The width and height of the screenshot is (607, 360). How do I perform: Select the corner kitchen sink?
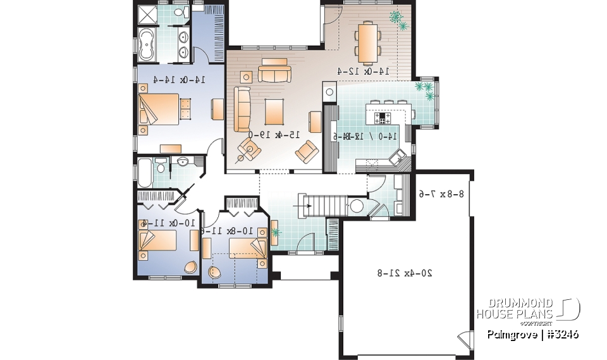pyautogui.click(x=400, y=158)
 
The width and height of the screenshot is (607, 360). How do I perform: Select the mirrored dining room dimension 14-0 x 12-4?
pyautogui.click(x=358, y=71)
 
